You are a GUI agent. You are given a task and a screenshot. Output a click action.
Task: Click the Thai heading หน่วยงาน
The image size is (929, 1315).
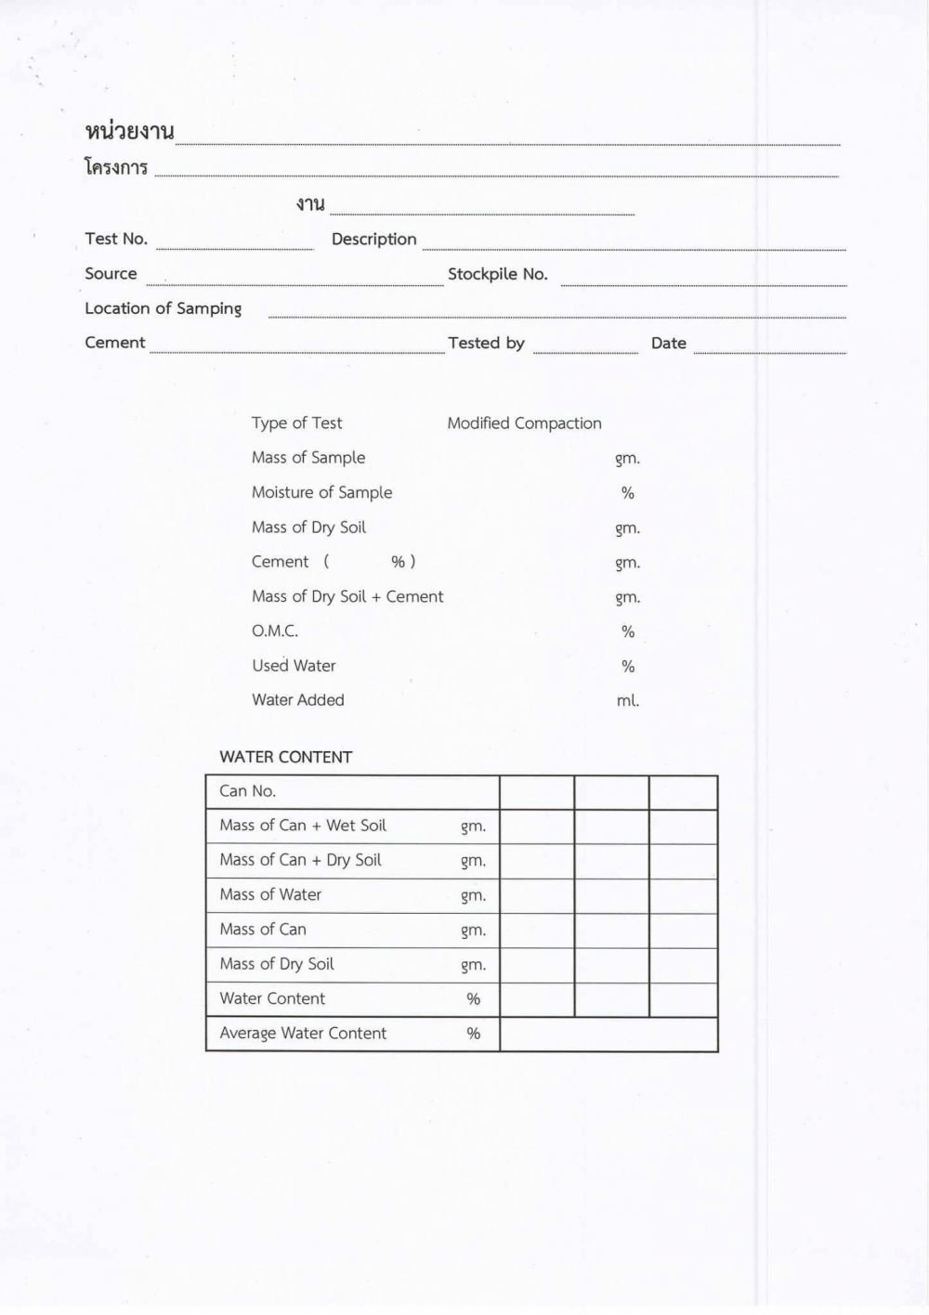(x=129, y=132)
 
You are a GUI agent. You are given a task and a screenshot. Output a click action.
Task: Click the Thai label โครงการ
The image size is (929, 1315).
(x=116, y=167)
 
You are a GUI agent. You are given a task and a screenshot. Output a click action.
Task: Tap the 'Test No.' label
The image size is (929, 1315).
(x=116, y=239)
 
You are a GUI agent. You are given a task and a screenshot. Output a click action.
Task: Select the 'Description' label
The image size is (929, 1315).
(x=373, y=239)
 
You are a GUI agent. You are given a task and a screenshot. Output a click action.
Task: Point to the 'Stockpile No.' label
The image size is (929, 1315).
(x=497, y=274)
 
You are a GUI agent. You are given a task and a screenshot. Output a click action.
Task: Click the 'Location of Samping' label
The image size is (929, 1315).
(x=163, y=308)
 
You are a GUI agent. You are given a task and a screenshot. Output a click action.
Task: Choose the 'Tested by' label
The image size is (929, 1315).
(x=486, y=343)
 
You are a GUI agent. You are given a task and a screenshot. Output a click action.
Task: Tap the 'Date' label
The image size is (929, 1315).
(x=668, y=343)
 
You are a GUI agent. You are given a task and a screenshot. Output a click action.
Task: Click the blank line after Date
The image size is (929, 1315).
(x=769, y=347)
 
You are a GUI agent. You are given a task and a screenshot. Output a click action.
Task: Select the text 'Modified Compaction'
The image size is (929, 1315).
(x=524, y=423)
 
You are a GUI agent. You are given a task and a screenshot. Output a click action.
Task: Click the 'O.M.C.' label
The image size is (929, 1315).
(x=275, y=631)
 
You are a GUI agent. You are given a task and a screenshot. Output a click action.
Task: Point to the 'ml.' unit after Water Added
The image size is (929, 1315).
(x=628, y=700)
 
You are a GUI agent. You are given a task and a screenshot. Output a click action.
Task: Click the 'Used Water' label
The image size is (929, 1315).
(x=294, y=665)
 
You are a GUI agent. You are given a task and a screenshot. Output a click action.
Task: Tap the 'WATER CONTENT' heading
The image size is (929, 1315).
(x=285, y=757)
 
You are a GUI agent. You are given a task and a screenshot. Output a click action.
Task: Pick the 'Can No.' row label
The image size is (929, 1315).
(x=247, y=791)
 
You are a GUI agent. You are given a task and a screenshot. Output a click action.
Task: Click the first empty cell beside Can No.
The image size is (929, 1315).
(x=537, y=792)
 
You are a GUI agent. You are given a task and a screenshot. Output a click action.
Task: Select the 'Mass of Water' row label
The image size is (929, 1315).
(x=270, y=894)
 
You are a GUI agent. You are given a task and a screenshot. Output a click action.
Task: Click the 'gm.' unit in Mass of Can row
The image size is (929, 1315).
(x=473, y=930)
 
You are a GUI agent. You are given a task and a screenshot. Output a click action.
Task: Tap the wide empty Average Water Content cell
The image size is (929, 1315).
(x=608, y=1034)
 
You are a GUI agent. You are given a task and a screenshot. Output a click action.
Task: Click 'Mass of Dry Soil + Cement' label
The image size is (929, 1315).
(x=347, y=596)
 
